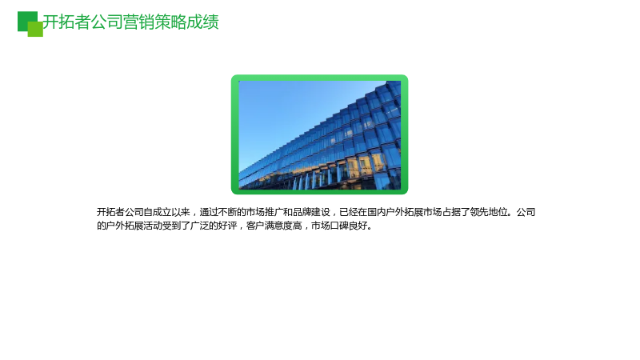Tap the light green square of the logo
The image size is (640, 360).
35,29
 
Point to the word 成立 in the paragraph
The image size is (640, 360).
162,212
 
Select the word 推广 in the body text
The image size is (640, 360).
274,212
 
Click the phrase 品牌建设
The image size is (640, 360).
311,212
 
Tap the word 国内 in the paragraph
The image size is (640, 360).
377,212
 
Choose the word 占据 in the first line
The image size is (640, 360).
451,212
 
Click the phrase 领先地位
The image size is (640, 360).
489,212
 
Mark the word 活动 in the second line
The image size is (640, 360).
153,226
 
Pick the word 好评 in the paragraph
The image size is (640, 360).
227,226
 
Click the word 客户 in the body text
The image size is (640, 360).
255,226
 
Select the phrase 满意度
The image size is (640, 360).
278,226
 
